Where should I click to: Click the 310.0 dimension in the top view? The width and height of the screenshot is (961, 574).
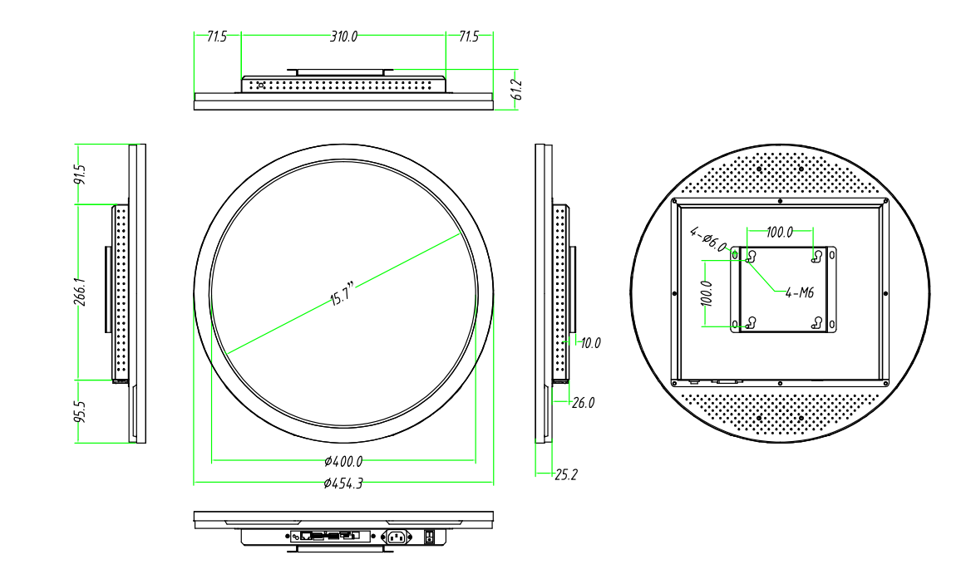343,37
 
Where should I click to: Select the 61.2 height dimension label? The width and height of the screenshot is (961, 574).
515,90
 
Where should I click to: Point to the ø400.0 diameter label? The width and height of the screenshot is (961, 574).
343,461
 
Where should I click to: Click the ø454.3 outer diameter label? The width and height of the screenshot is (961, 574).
343,483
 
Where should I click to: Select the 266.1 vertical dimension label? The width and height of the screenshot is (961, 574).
81,292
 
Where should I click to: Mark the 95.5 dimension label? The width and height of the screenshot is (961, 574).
81,412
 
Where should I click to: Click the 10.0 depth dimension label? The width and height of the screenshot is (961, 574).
590,342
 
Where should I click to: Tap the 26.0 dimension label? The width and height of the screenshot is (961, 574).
584,403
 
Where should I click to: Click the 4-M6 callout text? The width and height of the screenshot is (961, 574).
799,292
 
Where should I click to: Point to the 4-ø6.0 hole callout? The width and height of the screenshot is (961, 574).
708,241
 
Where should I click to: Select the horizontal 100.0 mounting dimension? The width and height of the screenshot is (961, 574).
779,232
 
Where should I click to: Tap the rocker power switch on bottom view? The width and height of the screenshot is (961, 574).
430,537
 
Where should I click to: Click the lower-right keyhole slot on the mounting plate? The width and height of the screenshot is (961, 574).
817,322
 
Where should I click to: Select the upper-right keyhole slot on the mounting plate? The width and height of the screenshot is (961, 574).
817,256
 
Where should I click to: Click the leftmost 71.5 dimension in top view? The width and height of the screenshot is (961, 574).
216,37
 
